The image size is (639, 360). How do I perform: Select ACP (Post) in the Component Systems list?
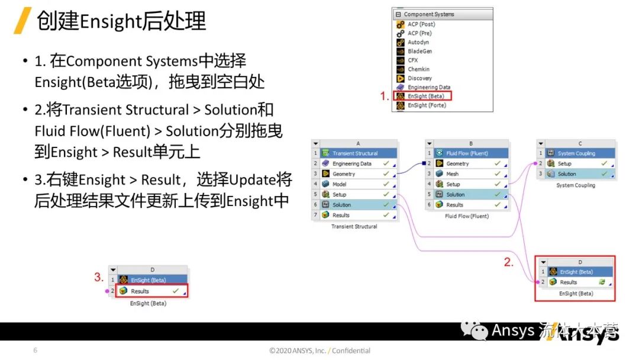(x=421, y=24)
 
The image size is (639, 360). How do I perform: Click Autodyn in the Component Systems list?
(x=418, y=42)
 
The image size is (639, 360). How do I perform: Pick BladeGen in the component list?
(x=419, y=52)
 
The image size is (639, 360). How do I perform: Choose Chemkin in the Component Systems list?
(x=418, y=69)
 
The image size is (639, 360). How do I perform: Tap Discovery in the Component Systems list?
(x=419, y=78)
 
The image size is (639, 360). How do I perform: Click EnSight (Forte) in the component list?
(x=426, y=105)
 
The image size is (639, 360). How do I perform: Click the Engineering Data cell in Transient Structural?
(x=351, y=164)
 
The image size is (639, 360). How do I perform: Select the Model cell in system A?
(x=340, y=184)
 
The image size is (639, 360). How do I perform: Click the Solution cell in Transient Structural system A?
(x=341, y=205)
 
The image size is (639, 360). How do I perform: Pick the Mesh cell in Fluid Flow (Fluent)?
(x=452, y=174)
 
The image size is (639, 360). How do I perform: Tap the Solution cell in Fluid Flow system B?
(x=455, y=194)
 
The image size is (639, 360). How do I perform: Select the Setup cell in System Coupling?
(x=564, y=164)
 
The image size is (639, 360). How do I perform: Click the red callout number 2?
(x=509, y=262)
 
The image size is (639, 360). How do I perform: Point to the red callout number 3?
(x=99, y=277)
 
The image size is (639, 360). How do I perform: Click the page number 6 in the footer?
(x=35, y=351)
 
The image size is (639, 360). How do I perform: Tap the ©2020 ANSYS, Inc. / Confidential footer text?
(x=319, y=351)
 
